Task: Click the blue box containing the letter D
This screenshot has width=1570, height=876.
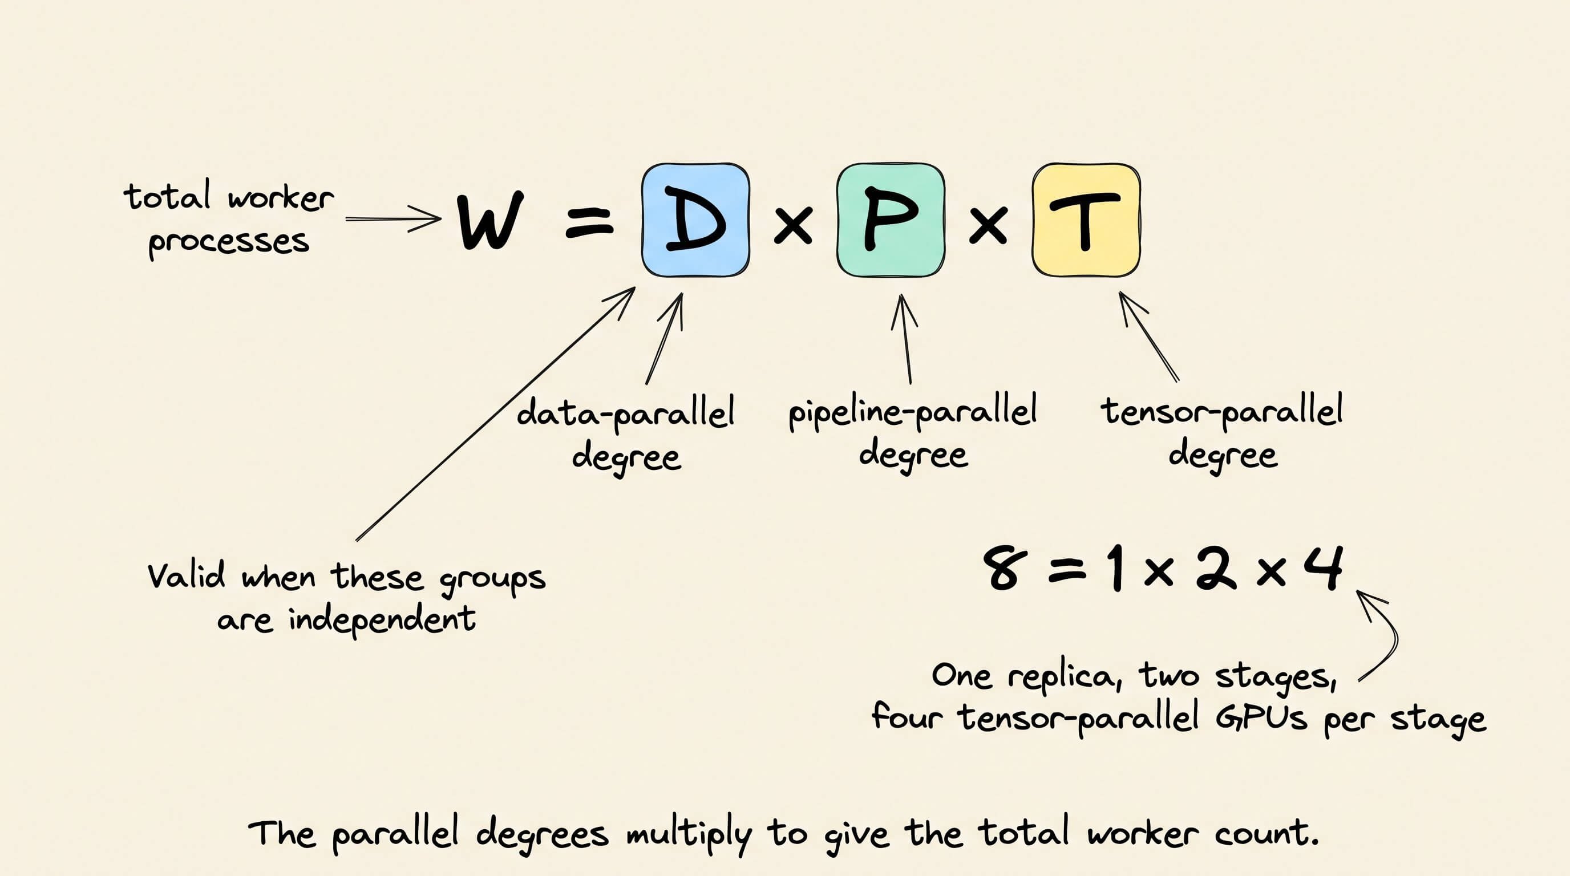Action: click(x=695, y=220)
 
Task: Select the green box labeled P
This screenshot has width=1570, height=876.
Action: click(x=891, y=220)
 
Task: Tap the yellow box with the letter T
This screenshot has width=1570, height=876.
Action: click(x=1086, y=220)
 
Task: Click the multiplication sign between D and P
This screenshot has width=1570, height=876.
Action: click(x=792, y=225)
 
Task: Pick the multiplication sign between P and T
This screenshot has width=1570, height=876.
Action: click(x=988, y=225)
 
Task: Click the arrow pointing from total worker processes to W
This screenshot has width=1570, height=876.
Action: click(x=393, y=218)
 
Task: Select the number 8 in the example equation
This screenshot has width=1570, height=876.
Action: click(x=1001, y=569)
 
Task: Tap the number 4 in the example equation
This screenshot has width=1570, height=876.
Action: click(x=1323, y=566)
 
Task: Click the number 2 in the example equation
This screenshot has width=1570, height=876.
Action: click(x=1216, y=569)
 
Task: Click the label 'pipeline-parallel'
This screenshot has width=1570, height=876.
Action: click(x=912, y=412)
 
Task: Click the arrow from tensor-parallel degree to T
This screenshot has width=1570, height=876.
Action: click(x=1149, y=336)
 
